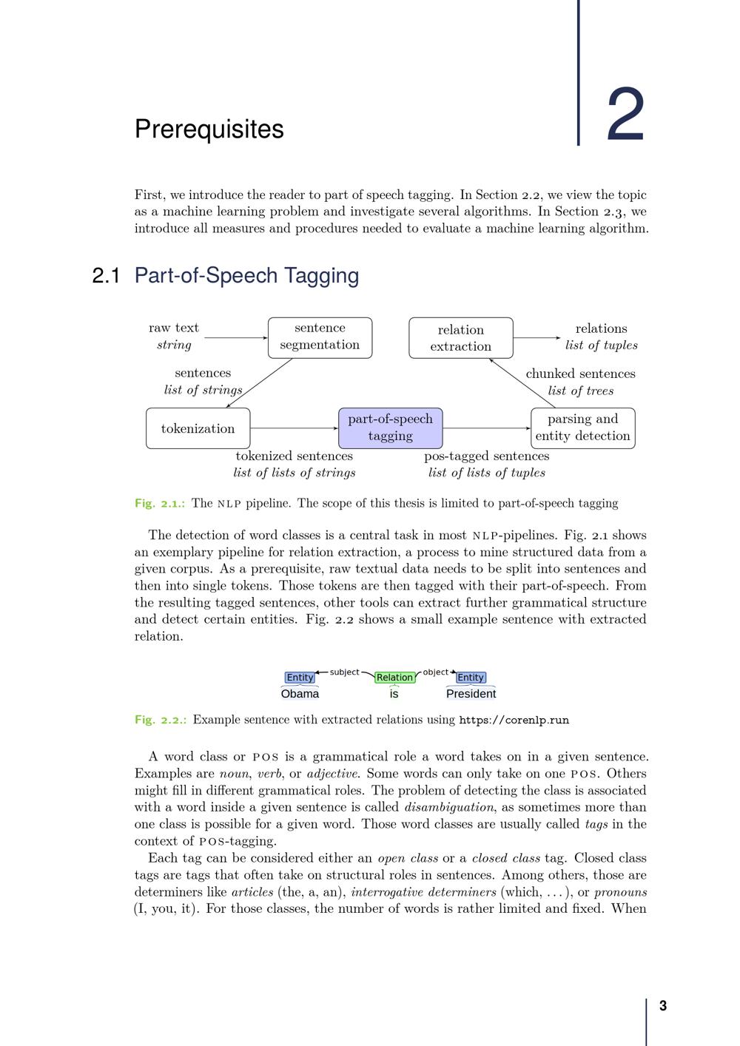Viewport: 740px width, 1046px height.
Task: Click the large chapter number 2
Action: coord(625,115)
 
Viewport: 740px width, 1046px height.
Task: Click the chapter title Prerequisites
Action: coord(209,129)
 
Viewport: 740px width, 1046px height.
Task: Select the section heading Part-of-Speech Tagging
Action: coord(246,275)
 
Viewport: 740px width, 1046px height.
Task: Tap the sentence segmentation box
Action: coord(320,337)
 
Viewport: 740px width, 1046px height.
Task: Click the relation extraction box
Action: coord(460,338)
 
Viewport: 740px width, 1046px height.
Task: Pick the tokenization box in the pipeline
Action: coord(198,428)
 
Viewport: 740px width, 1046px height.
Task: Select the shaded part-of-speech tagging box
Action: coord(390,428)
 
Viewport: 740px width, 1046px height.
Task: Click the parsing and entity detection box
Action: coord(582,428)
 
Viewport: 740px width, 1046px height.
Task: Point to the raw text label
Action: coord(174,328)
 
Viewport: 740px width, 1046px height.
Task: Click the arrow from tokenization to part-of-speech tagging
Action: coord(294,428)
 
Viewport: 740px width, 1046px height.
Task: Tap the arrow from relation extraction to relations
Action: coord(536,338)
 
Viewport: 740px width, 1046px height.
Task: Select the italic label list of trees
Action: coord(580,391)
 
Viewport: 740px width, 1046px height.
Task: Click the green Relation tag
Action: coord(394,677)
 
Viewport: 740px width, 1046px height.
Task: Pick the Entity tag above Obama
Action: coord(300,677)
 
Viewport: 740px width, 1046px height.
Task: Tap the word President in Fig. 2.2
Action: coord(471,694)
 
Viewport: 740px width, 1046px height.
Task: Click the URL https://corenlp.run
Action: coord(514,720)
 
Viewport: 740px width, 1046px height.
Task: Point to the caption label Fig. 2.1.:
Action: coord(160,504)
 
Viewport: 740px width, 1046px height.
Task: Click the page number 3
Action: coord(663,1005)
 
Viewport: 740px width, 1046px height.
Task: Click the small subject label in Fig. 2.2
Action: coord(344,672)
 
